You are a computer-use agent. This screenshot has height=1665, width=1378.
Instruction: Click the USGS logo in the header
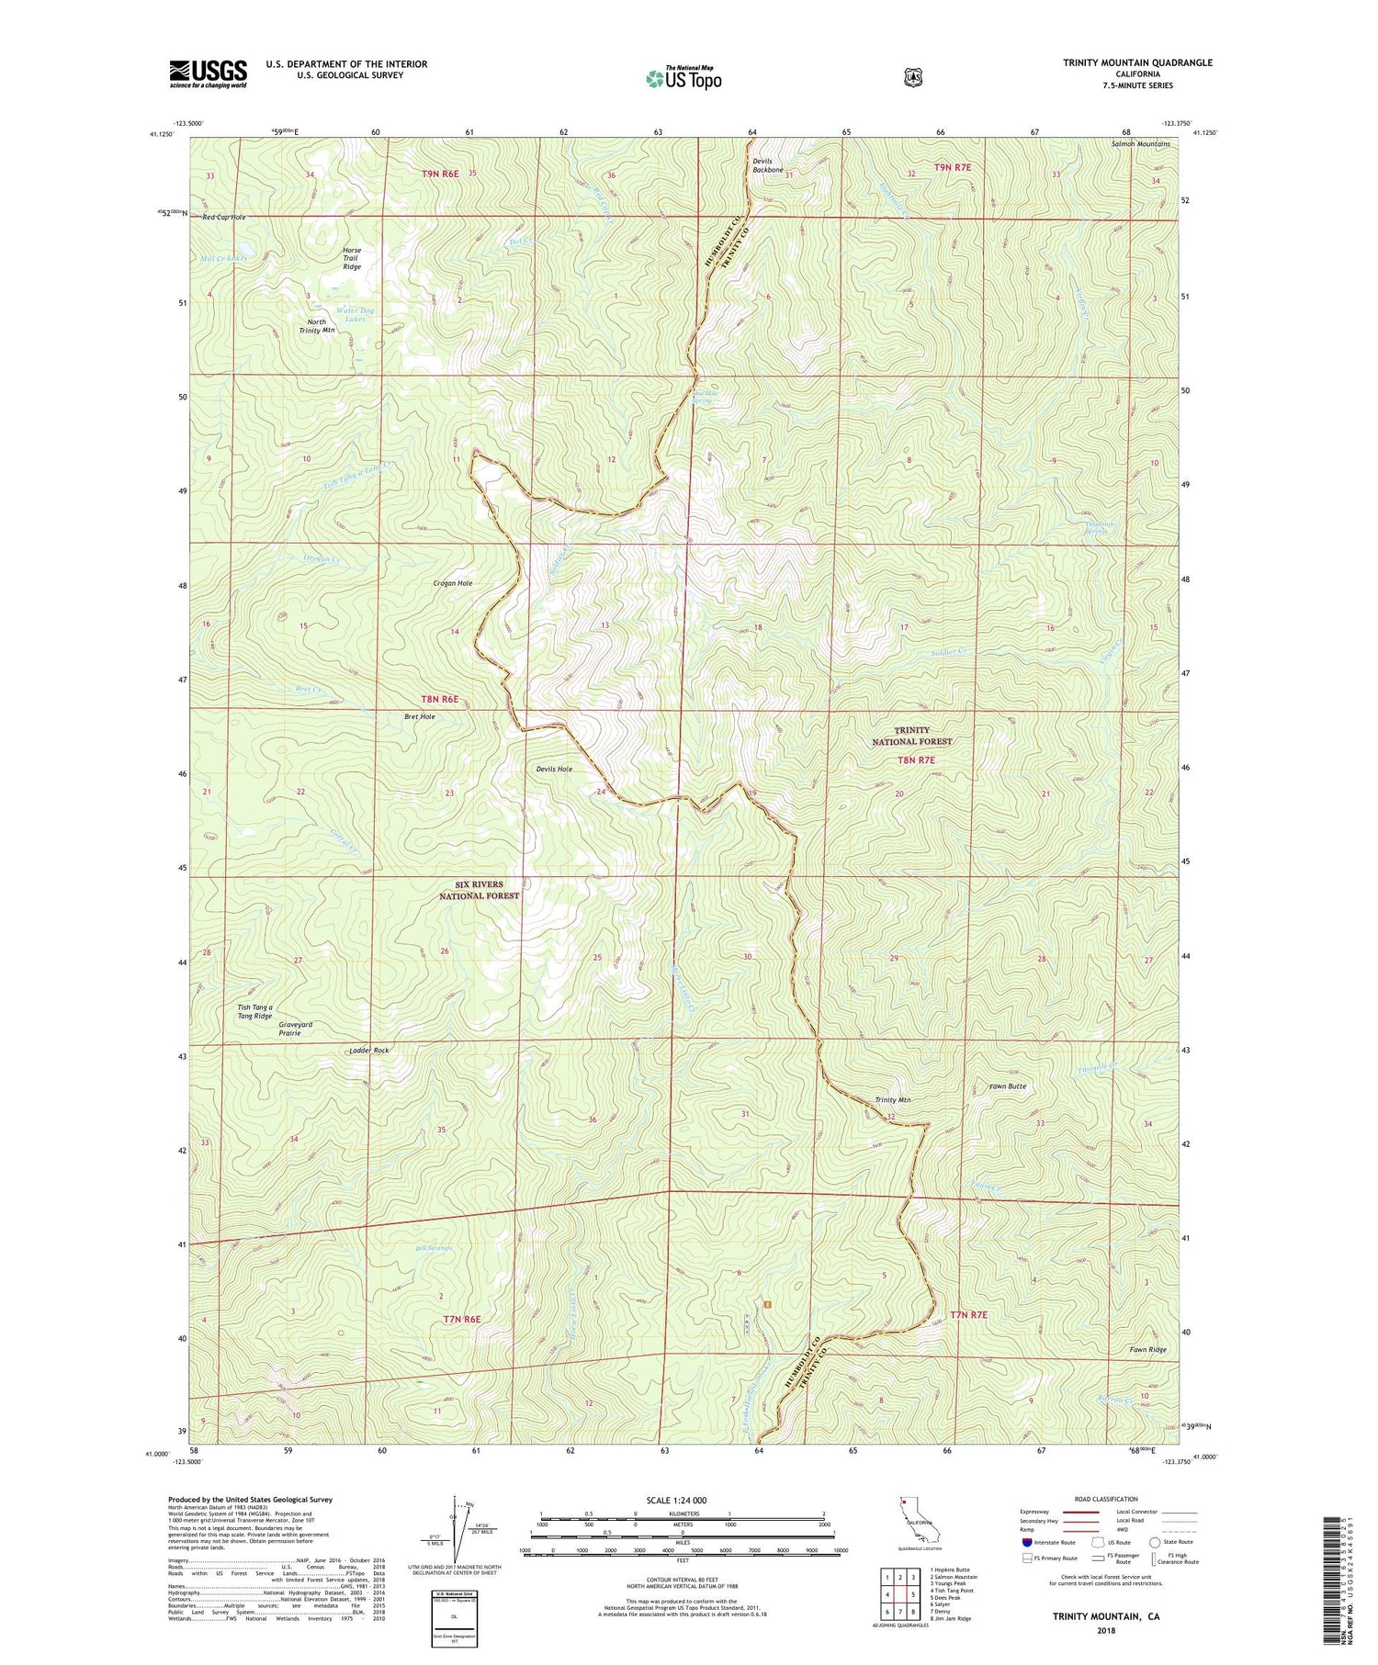(209, 73)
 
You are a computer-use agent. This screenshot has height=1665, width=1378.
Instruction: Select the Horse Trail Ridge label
(351, 258)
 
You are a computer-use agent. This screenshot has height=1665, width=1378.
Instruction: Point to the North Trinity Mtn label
(317, 326)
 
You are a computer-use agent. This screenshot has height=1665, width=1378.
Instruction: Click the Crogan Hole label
(453, 583)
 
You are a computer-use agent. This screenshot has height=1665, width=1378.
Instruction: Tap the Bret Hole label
(420, 716)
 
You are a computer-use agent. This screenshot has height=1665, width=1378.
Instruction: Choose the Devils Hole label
(554, 769)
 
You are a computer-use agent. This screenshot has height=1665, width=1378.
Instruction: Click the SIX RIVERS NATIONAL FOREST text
(479, 890)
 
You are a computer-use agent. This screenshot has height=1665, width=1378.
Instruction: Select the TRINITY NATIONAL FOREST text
(911, 736)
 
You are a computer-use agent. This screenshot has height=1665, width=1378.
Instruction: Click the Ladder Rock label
(369, 1050)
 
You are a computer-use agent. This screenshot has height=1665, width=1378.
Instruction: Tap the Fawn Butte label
(1007, 1086)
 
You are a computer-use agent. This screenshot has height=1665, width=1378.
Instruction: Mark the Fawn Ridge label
(1147, 1350)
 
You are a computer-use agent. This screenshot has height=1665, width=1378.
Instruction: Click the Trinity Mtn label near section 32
(892, 1100)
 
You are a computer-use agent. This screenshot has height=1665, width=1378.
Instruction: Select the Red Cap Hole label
(224, 217)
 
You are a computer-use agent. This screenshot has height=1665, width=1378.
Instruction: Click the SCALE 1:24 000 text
(676, 1501)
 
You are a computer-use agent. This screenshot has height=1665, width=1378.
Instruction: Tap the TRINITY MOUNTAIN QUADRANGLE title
(1124, 62)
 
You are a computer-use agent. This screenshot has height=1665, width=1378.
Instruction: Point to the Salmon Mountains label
(1140, 144)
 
